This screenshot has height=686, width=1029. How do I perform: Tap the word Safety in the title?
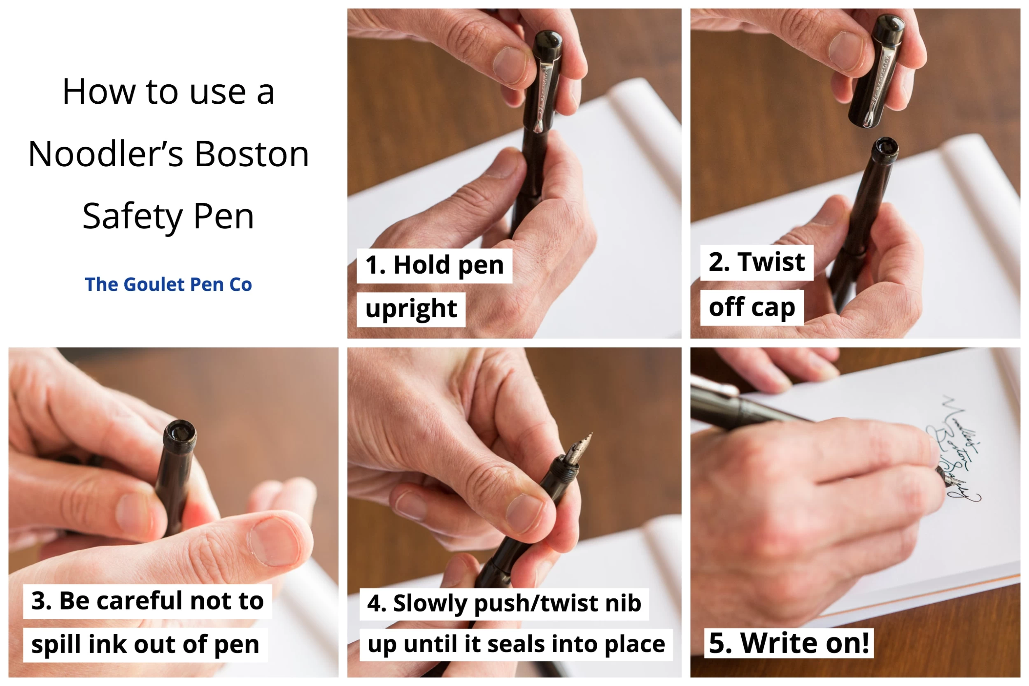coord(132,216)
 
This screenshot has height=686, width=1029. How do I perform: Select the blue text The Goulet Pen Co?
coord(168,284)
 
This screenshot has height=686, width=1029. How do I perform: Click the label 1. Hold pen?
coord(434,265)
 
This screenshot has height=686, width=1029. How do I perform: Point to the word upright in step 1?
coord(411,309)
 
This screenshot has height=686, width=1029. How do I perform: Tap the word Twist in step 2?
coord(771,262)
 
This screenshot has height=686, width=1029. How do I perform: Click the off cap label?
coord(752,307)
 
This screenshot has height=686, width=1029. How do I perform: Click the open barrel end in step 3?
coord(180,433)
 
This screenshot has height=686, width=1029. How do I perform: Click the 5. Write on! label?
coord(788,643)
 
